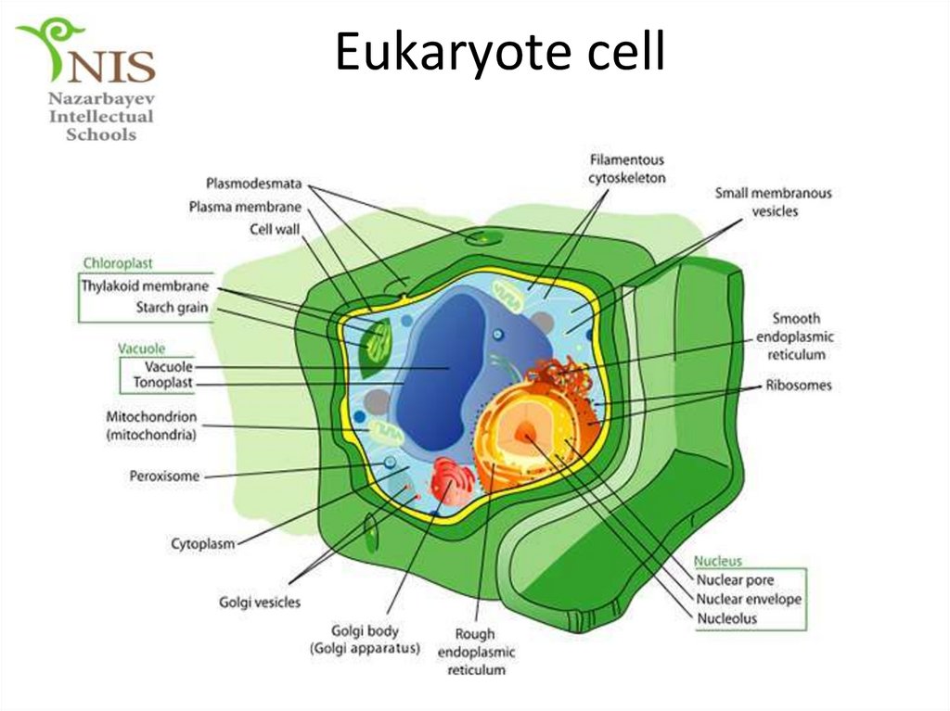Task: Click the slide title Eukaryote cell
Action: pos(500,52)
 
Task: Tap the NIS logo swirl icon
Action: pos(45,46)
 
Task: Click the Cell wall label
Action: pos(275,228)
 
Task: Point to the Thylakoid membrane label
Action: pos(145,286)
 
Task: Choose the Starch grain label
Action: pos(172,307)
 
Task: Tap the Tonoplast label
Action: pos(162,382)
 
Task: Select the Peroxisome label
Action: pos(163,476)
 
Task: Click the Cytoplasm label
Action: pos(202,543)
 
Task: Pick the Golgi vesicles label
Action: pos(260,603)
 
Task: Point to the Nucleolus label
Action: pos(726,618)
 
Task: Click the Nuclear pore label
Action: pos(735,580)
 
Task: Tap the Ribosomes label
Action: pos(798,385)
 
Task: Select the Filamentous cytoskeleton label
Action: pos(626,169)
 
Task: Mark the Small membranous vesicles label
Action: pos(773,202)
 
